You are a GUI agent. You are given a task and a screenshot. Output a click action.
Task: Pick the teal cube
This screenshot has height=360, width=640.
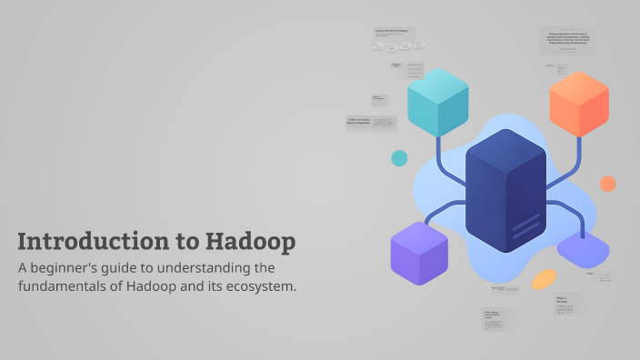click(437, 101)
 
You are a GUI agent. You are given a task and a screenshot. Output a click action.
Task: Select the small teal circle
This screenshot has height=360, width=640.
click(399, 158)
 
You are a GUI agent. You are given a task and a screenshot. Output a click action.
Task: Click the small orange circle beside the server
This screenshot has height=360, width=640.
click(607, 183)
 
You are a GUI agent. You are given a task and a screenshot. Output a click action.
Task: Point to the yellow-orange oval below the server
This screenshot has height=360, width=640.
click(544, 278)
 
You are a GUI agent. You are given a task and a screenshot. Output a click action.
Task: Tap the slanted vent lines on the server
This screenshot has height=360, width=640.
click(525, 224)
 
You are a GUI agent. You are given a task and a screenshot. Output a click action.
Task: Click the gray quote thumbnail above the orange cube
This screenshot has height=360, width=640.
click(569, 41)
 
